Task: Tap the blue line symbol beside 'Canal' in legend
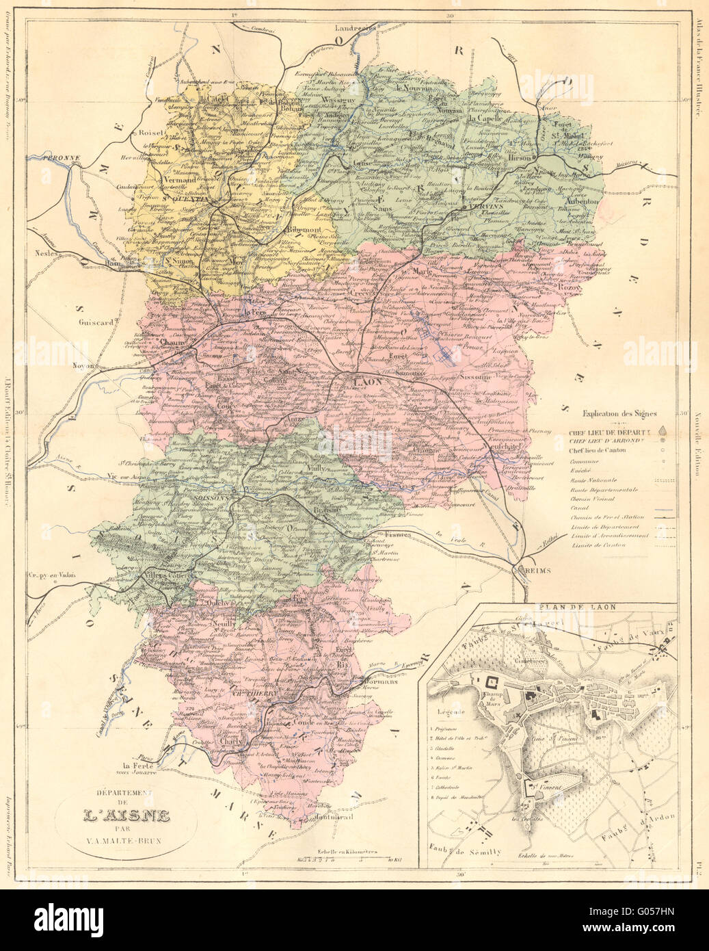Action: click(x=660, y=510)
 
